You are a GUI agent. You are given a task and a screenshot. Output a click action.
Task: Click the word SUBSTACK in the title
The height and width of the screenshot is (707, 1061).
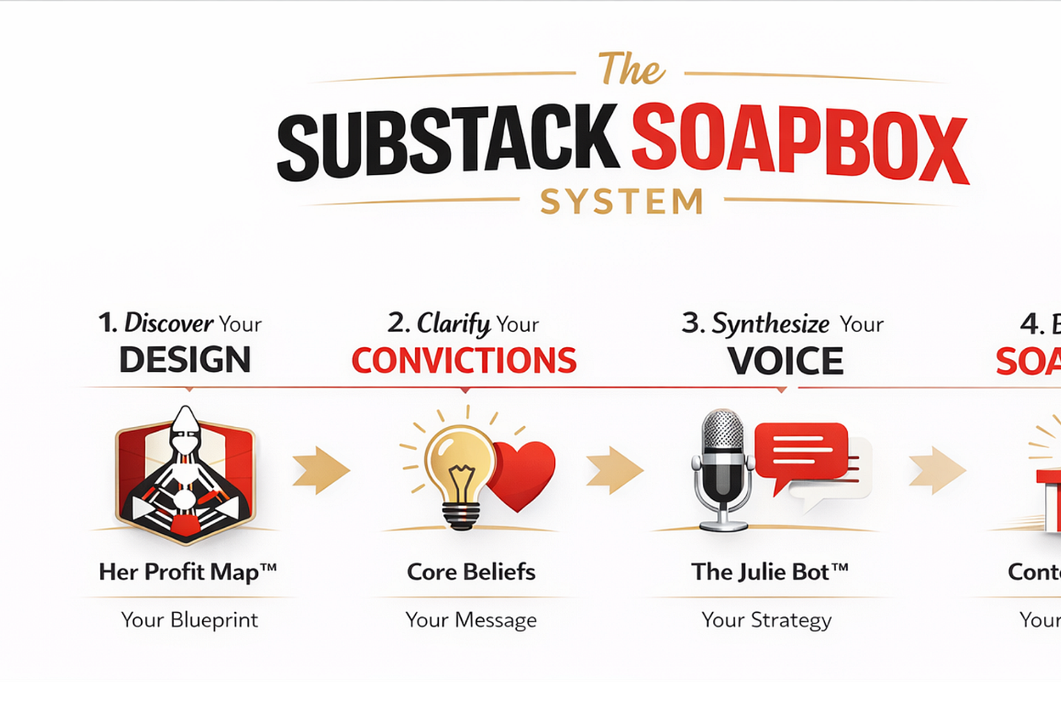click(x=447, y=142)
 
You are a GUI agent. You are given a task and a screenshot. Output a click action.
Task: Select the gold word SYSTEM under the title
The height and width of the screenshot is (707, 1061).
click(x=622, y=201)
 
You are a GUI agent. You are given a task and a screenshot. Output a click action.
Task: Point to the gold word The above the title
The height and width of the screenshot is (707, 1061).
click(x=631, y=69)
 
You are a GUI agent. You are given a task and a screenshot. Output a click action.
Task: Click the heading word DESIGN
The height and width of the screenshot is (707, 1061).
click(x=185, y=360)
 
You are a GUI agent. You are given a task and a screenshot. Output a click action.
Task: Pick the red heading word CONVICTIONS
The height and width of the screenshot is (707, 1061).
click(x=464, y=360)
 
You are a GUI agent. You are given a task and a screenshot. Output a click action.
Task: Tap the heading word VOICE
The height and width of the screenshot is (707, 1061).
click(x=785, y=360)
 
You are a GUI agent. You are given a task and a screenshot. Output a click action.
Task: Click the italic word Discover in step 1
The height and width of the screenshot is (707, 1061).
click(x=169, y=323)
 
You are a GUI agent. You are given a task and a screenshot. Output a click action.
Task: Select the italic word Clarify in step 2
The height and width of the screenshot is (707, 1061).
click(x=454, y=324)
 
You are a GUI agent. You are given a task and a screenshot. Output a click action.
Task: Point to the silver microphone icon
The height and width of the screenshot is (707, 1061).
click(x=721, y=467)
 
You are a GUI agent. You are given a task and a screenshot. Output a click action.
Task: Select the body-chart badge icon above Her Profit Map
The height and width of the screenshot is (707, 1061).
click(x=185, y=474)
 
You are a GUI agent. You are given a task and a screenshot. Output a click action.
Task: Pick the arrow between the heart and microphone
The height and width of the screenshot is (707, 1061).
click(x=614, y=469)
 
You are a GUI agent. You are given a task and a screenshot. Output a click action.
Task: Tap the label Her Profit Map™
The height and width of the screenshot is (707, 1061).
click(x=188, y=571)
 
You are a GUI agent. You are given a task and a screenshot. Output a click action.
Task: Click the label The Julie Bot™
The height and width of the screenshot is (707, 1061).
click(x=769, y=571)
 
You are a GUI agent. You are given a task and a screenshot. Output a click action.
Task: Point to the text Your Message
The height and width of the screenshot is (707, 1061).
click(x=471, y=620)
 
